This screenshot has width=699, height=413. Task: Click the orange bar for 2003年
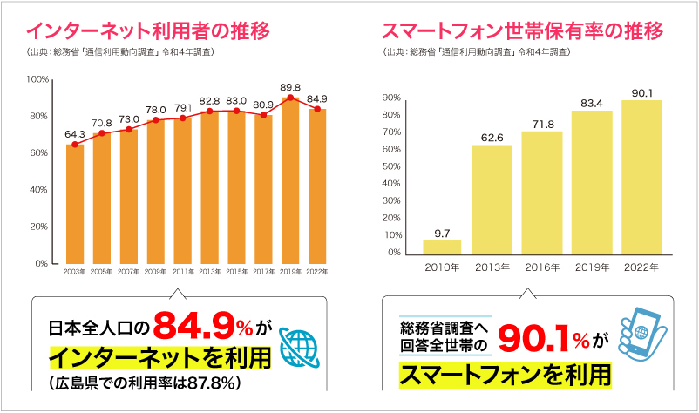point(75,203)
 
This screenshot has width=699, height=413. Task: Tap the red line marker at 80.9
point(263,115)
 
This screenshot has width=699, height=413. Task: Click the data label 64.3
point(75,134)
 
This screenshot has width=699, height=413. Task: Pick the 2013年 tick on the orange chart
point(209,273)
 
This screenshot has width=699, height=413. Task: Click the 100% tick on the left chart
point(38,79)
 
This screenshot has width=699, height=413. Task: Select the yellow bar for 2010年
point(442,247)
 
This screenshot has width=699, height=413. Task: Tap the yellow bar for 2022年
point(641,177)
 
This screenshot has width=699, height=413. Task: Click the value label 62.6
point(492,137)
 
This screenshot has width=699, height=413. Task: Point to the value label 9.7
point(442,233)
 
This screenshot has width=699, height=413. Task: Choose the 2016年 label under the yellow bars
point(542,267)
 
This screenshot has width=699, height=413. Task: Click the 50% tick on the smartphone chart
point(390,166)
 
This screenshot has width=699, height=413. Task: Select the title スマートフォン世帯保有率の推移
point(522,32)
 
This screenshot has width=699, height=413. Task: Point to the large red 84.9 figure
point(195,327)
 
